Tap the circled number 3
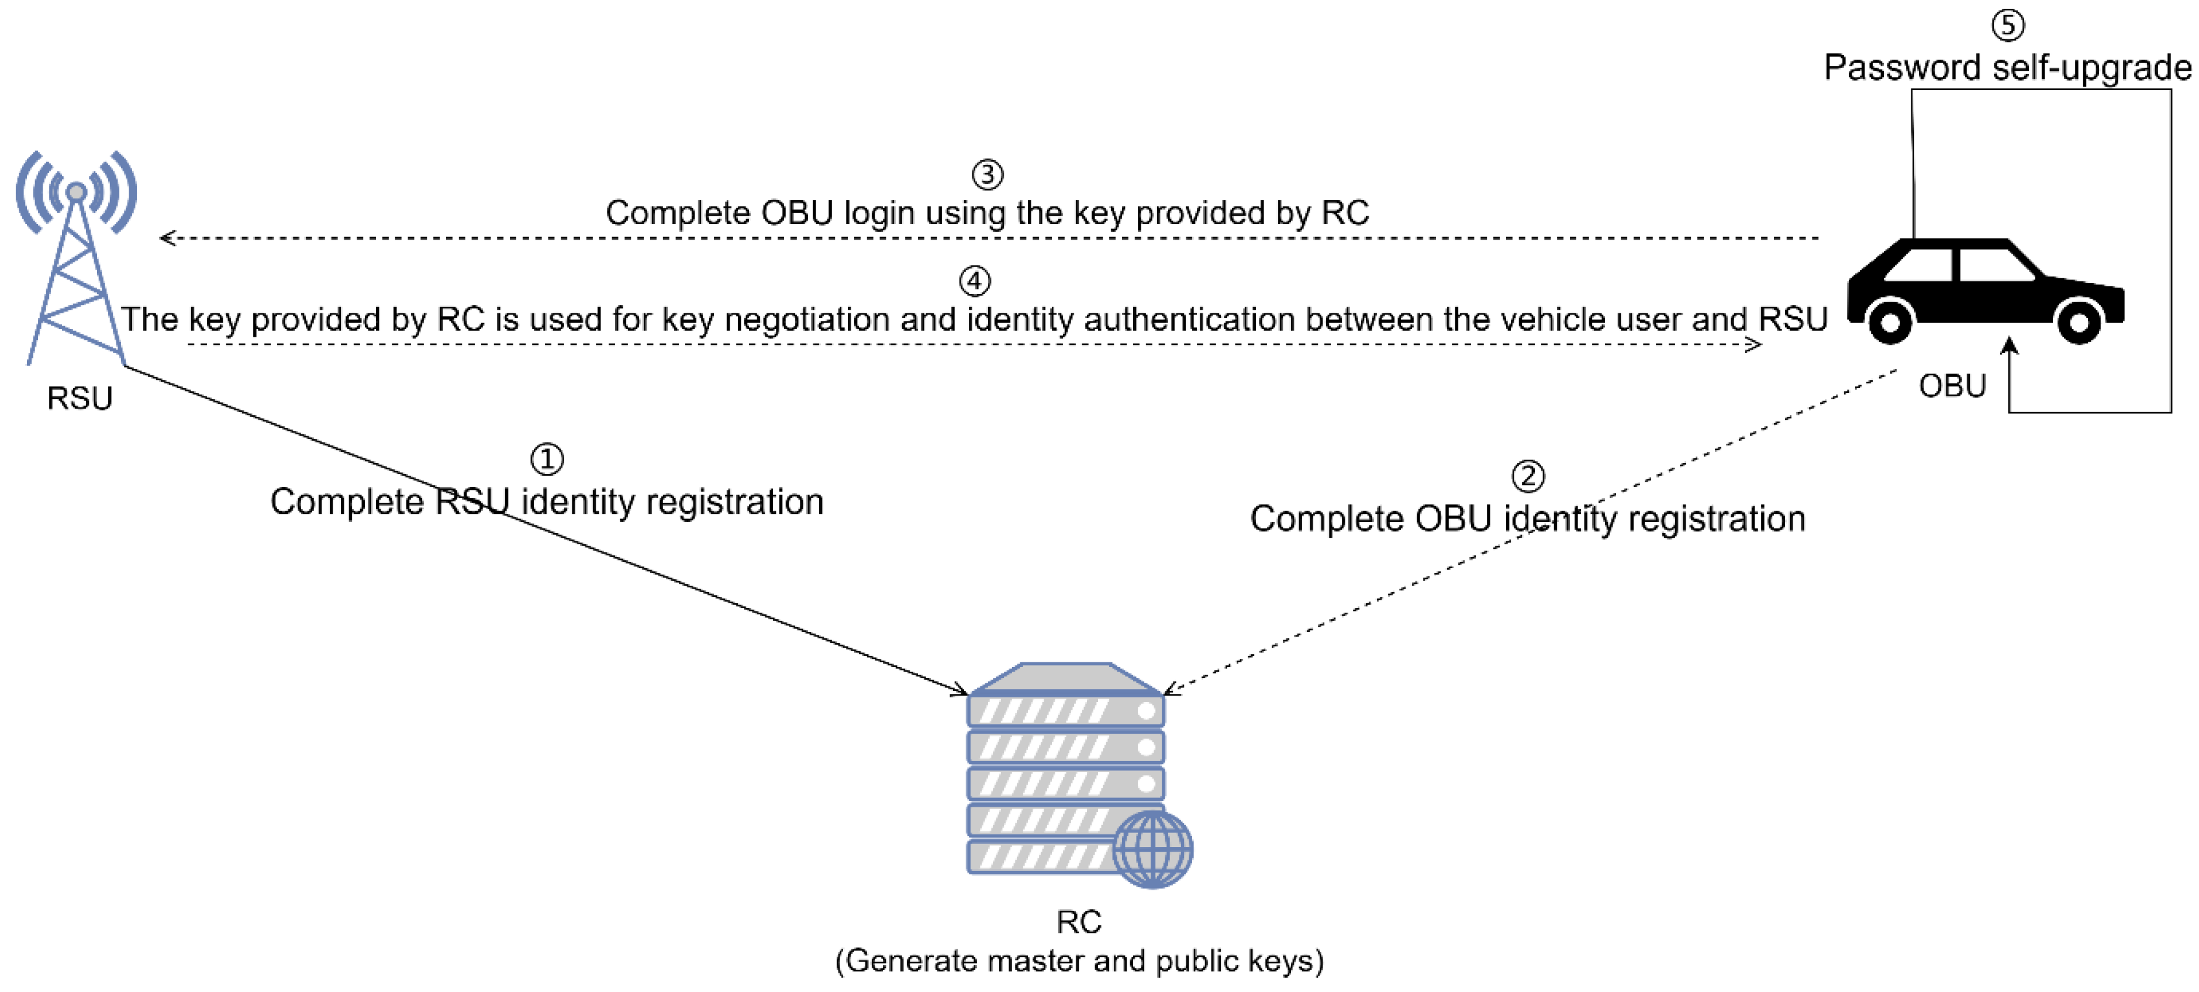click(x=988, y=175)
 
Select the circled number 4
click(x=975, y=281)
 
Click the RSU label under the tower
click(x=80, y=399)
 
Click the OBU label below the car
click(x=1952, y=386)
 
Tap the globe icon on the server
click(x=1152, y=849)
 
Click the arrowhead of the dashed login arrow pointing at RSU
click(x=167, y=238)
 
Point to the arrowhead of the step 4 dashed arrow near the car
click(x=1753, y=345)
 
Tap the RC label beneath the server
click(x=1079, y=922)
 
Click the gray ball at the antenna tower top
click(x=76, y=192)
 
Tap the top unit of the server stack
click(x=1065, y=710)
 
